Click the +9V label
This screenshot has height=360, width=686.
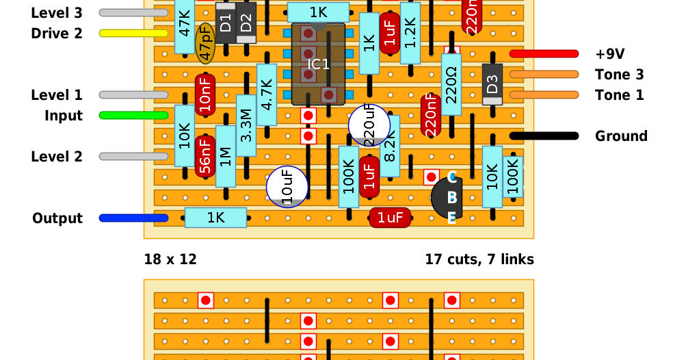[610, 54]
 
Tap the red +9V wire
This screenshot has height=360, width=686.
[544, 54]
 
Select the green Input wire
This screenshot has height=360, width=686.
[133, 116]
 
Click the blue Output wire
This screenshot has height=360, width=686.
[133, 218]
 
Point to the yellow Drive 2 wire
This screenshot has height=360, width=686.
[133, 33]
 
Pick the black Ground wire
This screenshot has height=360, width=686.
[544, 136]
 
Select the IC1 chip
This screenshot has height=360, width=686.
[318, 64]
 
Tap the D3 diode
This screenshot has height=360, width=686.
[492, 84]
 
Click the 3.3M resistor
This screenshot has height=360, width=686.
[246, 125]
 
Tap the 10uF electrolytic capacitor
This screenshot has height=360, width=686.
[287, 188]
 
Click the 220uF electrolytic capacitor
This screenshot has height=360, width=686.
[369, 125]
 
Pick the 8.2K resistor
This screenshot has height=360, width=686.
[390, 145]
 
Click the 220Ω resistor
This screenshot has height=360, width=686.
[451, 84]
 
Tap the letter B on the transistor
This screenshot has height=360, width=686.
[451, 198]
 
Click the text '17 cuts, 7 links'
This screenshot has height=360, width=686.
[479, 259]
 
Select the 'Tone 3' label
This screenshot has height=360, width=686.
[619, 75]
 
